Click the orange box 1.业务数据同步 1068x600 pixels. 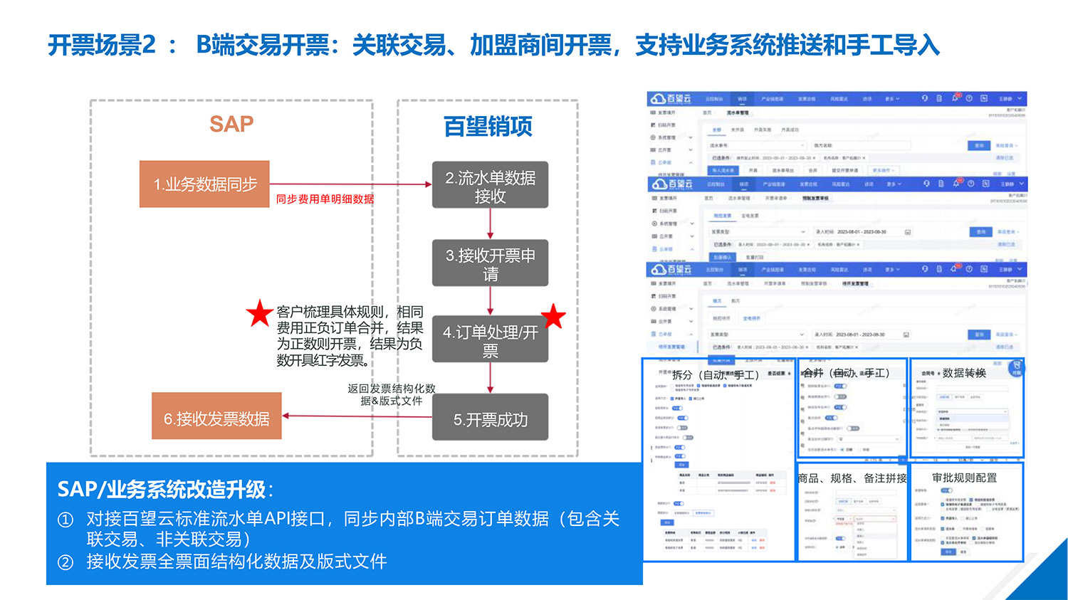pos(204,184)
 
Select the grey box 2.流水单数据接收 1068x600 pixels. pos(490,185)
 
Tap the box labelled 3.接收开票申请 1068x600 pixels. pos(490,263)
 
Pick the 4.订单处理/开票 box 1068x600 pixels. pos(490,340)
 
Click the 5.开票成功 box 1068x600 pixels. pos(490,420)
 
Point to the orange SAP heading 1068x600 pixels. pos(231,124)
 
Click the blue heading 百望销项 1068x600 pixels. pos(488,127)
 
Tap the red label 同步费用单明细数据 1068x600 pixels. pos(325,199)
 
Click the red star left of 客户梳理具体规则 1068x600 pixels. pos(259,313)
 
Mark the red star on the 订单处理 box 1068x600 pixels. pos(553,317)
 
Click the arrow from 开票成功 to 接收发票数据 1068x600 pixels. pos(357,416)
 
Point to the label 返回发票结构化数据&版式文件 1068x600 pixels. pos(391,394)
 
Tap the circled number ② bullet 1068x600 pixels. pos(66,562)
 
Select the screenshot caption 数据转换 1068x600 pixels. pos(964,373)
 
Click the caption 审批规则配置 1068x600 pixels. pos(964,478)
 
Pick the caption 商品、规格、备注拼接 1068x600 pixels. pos(852,478)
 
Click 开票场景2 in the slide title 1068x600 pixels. pos(102,46)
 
